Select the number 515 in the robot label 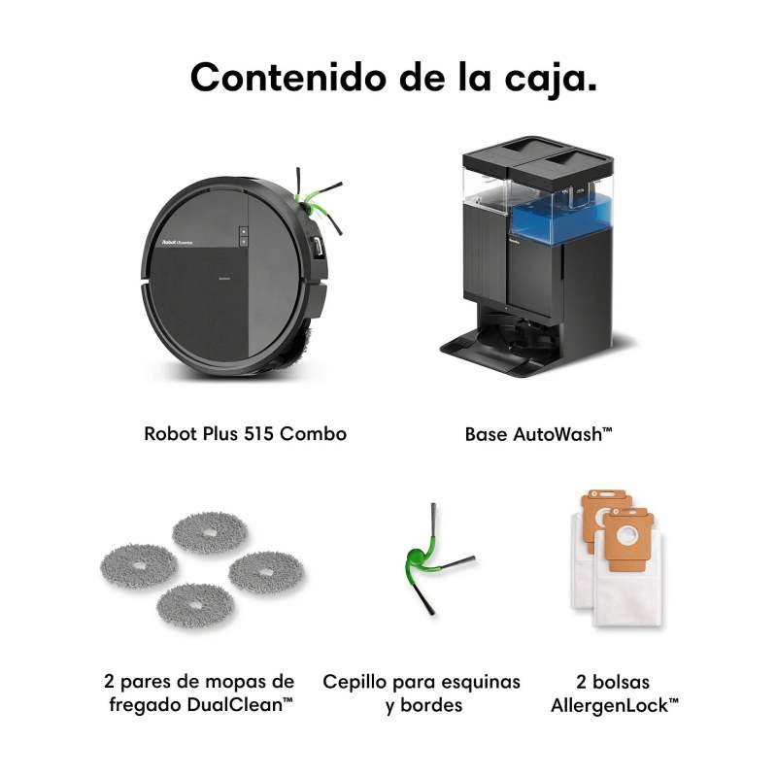click(258, 434)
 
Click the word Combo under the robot click(313, 434)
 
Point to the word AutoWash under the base click(557, 434)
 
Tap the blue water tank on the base click(561, 218)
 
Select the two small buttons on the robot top click(244, 236)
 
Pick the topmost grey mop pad click(210, 532)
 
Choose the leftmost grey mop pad click(139, 566)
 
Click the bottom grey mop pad click(195, 605)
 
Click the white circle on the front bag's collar click(626, 537)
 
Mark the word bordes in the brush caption click(431, 705)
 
